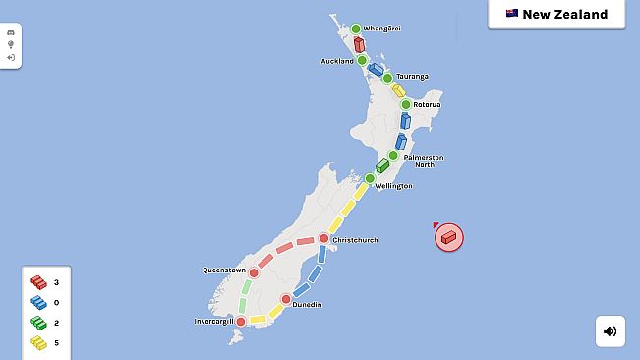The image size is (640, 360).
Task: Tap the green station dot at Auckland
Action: pos(363,61)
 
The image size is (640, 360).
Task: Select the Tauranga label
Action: pos(411,76)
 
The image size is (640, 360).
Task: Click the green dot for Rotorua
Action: pos(405,103)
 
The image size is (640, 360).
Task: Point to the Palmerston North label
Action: pos(423,160)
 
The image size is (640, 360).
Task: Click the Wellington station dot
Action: pos(370,179)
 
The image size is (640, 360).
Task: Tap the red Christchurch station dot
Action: pos(323,238)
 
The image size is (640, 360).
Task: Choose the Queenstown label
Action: pos(223,269)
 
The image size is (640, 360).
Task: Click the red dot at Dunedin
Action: pos(286,299)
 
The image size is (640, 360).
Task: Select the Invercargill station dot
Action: pos(241,321)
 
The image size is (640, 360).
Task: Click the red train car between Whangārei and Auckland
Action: pos(359,44)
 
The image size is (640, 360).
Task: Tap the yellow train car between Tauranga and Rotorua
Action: pos(399,90)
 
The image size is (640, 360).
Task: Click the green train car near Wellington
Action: pos(382,165)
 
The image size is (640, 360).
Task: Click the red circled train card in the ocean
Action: pos(449,237)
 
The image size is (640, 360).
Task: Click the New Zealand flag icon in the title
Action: pos(512,14)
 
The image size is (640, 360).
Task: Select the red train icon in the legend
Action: pos(38,283)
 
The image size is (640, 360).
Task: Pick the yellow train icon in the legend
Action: pos(38,342)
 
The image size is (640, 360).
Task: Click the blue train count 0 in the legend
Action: pos(57,303)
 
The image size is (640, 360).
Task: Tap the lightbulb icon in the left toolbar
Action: pos(11,44)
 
